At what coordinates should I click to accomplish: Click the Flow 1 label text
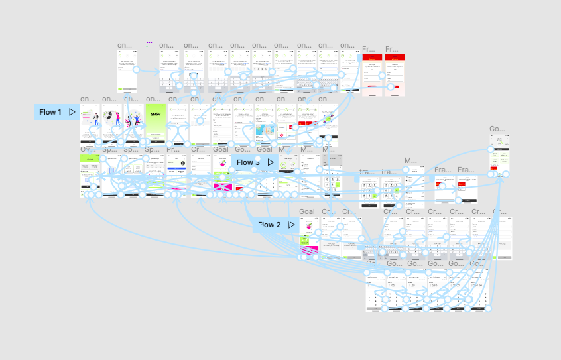pyautogui.click(x=50, y=112)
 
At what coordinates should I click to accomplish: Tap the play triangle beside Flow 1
pyautogui.click(x=72, y=112)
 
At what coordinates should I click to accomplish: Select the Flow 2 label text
pyautogui.click(x=269, y=225)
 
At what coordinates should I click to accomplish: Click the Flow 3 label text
pyautogui.click(x=247, y=162)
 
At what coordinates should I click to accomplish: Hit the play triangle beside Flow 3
pyautogui.click(x=270, y=162)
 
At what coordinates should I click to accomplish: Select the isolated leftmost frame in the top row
pyautogui.click(x=127, y=70)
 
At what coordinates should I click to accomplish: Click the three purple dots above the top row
pyautogui.click(x=149, y=42)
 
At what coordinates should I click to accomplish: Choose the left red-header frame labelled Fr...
pyautogui.click(x=372, y=75)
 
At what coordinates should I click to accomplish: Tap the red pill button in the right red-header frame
pyautogui.click(x=395, y=86)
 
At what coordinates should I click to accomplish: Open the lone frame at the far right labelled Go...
pyautogui.click(x=499, y=156)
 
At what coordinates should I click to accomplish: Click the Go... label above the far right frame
pyautogui.click(x=497, y=129)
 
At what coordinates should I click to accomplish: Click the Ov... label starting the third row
pyautogui.click(x=87, y=150)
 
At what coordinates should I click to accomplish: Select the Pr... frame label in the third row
pyautogui.click(x=174, y=150)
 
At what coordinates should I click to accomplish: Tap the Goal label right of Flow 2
pyautogui.click(x=307, y=212)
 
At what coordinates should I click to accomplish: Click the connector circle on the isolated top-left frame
pyautogui.click(x=137, y=69)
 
